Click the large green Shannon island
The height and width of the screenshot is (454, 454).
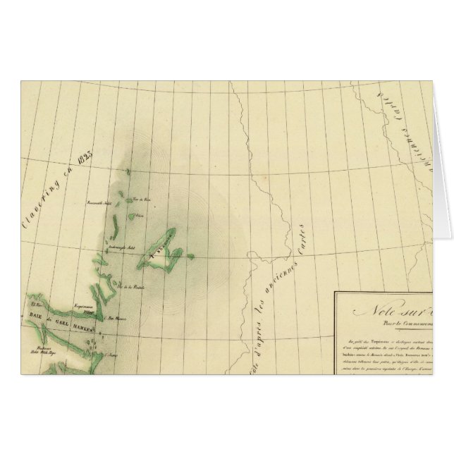coord(163,250)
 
